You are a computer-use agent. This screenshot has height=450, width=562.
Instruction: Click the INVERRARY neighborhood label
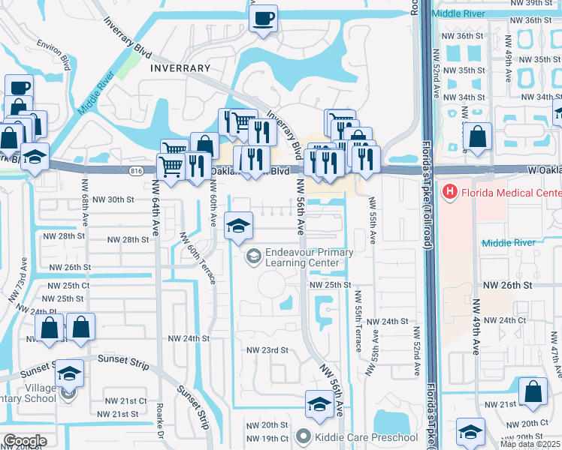180,67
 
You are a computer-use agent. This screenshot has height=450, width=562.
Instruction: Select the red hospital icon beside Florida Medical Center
450,192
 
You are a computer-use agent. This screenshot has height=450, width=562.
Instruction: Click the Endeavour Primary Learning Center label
308,257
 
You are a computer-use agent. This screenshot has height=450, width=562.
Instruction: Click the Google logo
25,441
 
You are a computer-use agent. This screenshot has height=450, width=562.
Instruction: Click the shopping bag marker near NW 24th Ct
533,391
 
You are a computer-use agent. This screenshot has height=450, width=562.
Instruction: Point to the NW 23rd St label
268,350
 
